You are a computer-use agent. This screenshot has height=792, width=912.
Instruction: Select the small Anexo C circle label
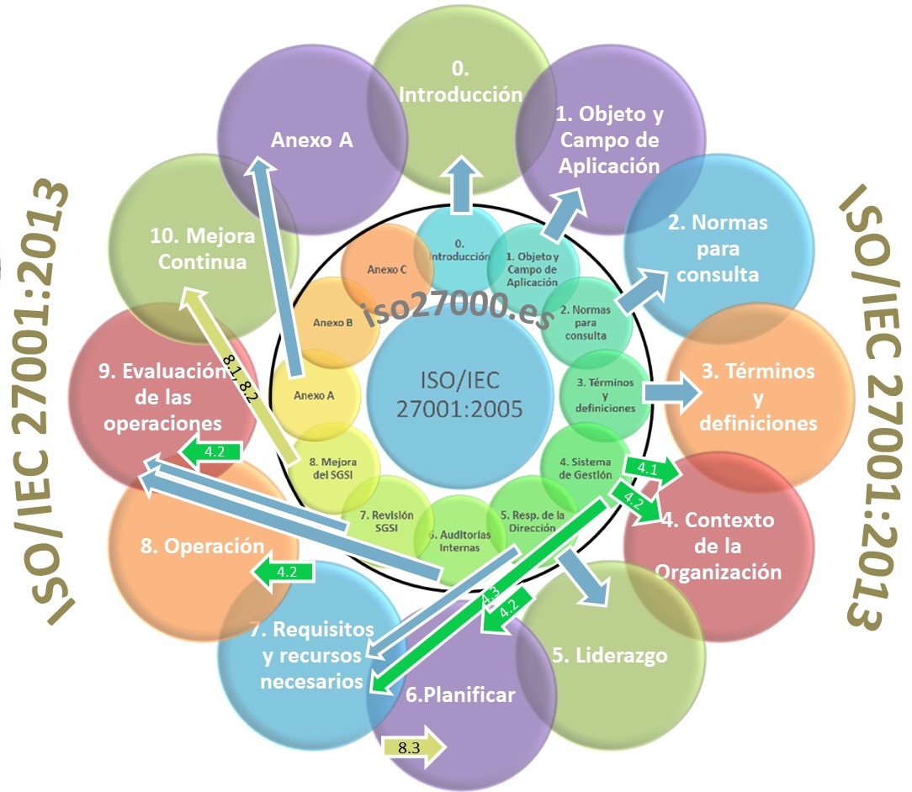pos(387,270)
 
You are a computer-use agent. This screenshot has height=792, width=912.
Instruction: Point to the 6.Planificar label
pos(460,694)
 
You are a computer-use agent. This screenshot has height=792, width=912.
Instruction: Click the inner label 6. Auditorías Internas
pos(459,541)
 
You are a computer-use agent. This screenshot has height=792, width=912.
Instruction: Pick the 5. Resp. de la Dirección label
pos(533,521)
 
